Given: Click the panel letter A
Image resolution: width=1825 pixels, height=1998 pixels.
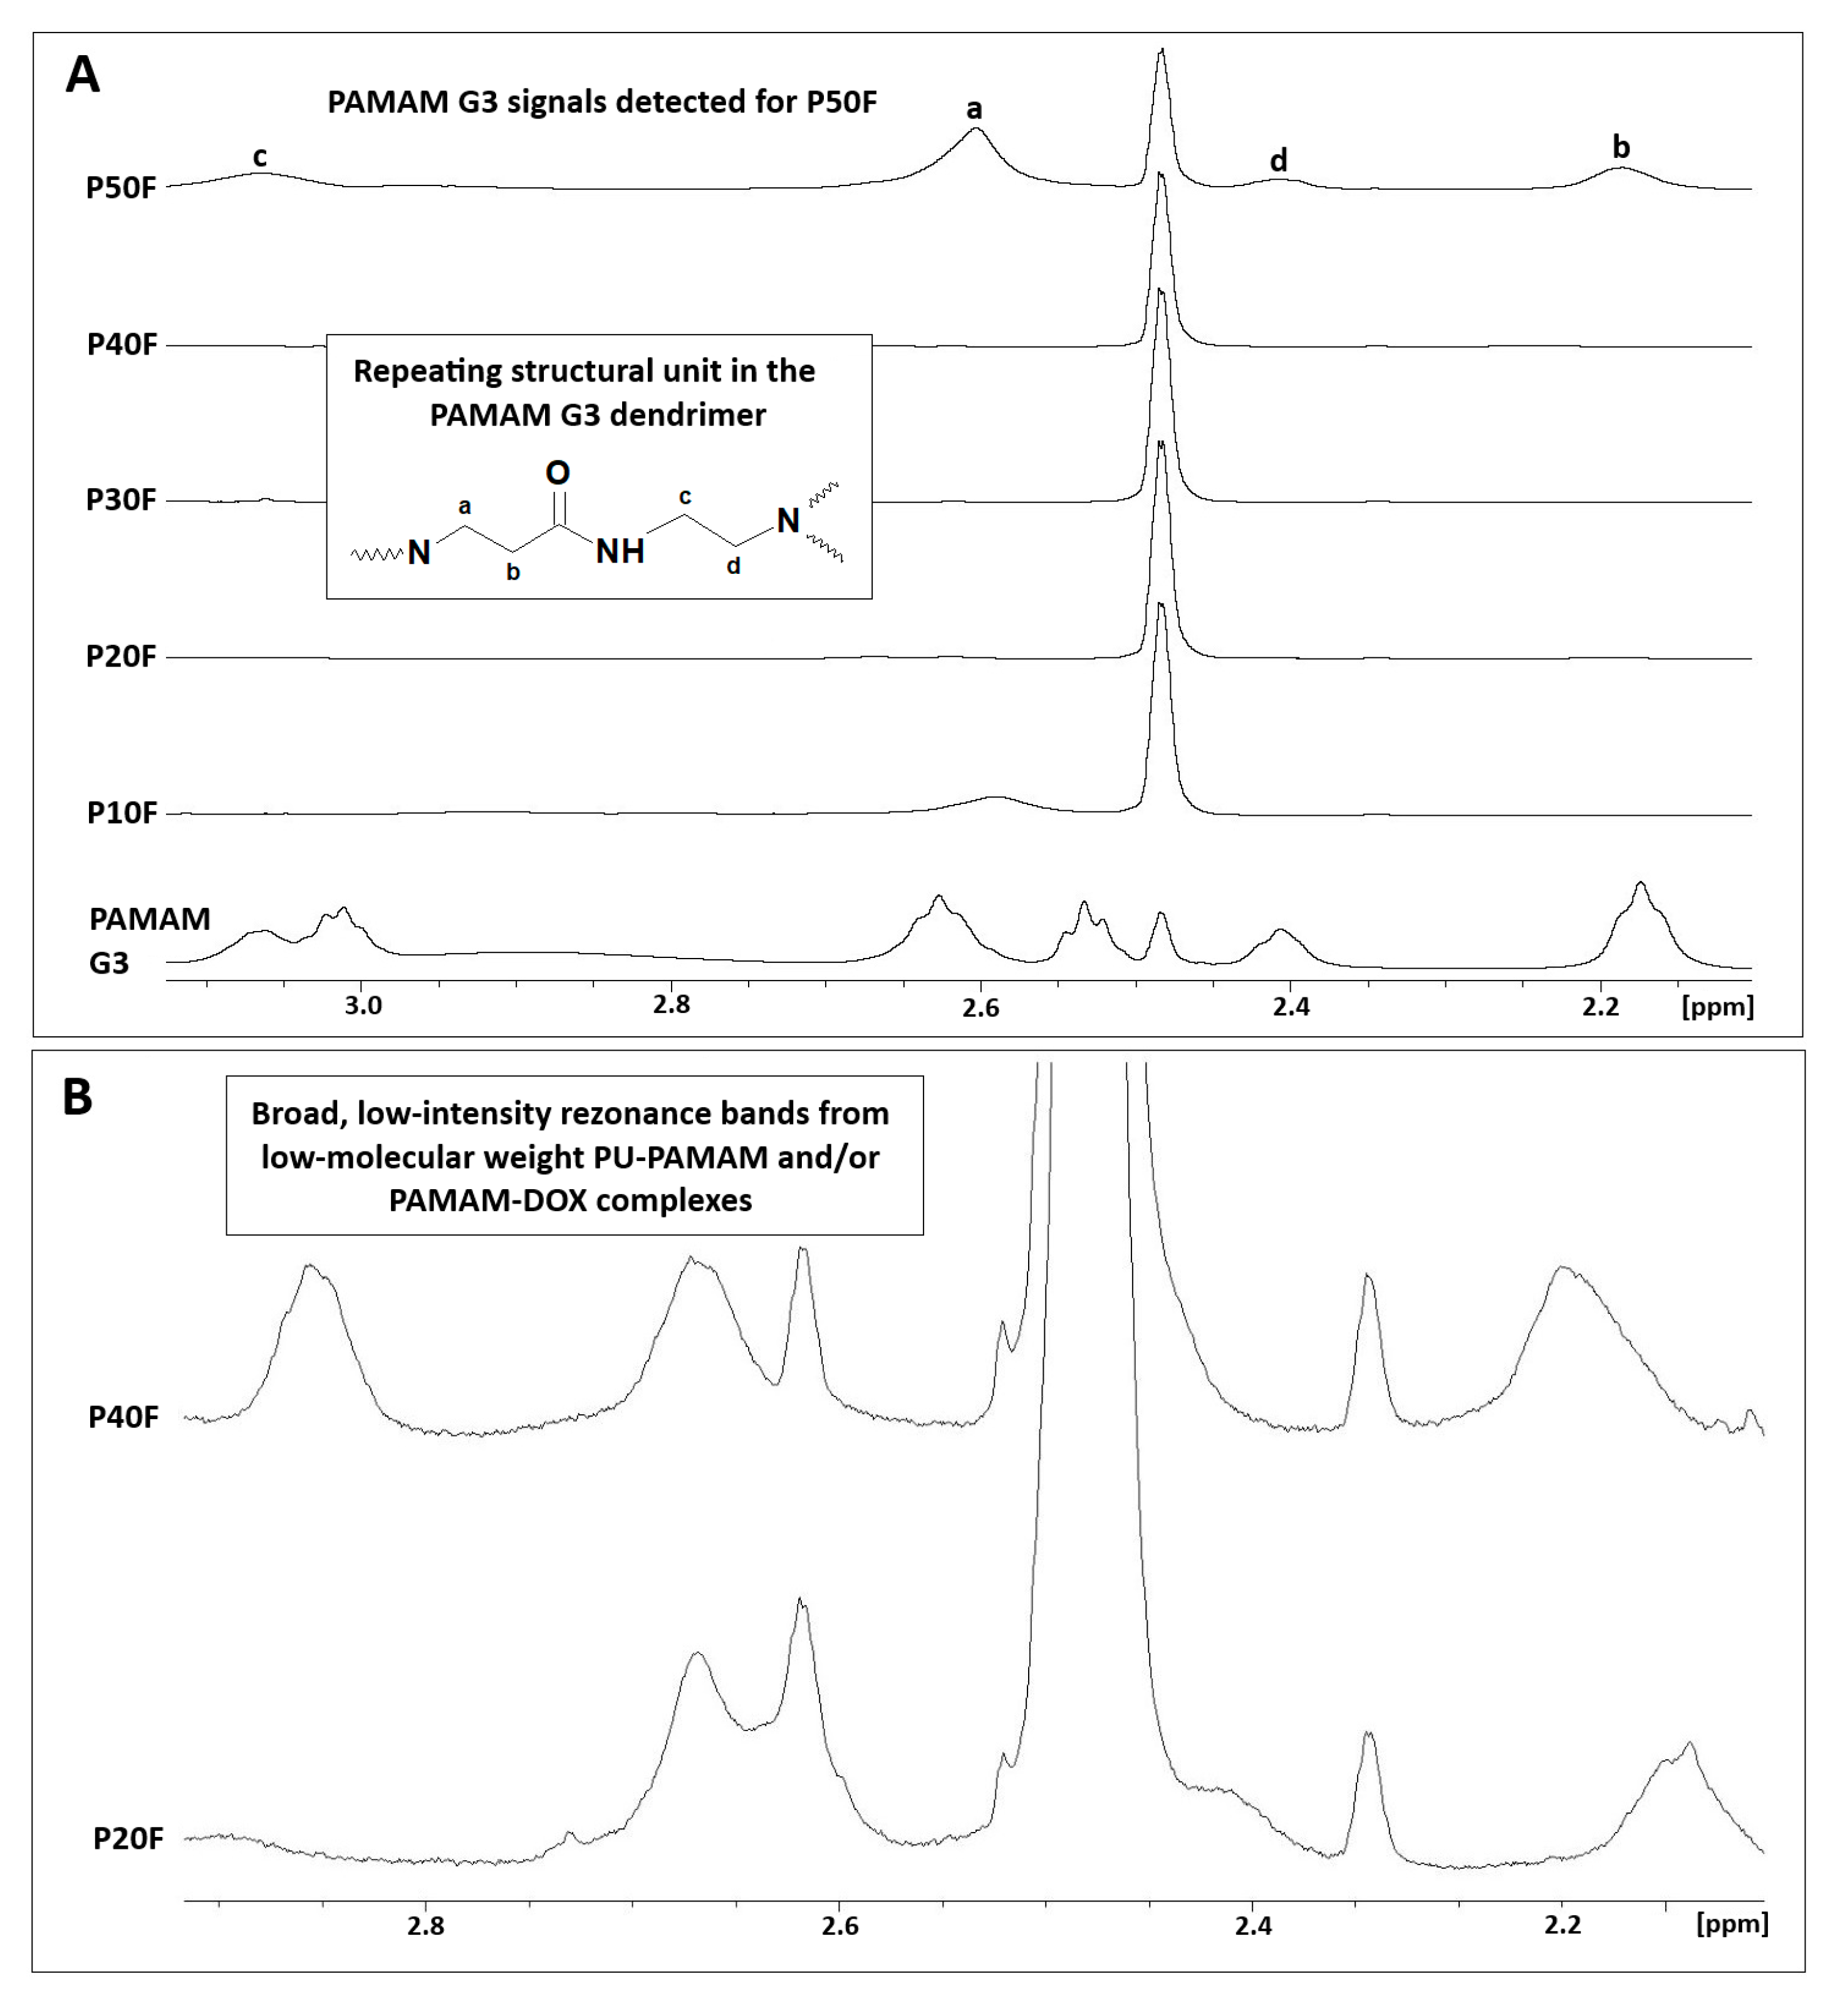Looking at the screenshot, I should (82, 75).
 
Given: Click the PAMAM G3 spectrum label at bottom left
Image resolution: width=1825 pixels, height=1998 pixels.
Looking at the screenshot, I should (148, 940).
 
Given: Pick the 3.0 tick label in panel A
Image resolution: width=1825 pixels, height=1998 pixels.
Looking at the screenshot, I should (363, 1005).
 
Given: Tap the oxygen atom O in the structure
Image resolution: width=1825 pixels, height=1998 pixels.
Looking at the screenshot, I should (558, 473).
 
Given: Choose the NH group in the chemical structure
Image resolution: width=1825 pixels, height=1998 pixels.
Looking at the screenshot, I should (620, 551).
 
